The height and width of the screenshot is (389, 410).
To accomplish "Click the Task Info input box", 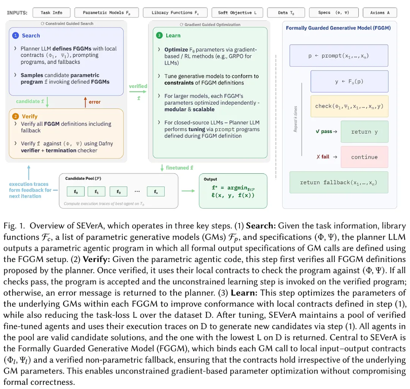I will click(x=52, y=13).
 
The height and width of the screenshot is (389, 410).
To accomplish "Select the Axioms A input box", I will click(x=380, y=13).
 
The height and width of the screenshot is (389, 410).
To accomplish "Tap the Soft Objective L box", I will click(x=237, y=13).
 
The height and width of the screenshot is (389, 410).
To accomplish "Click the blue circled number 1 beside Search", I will click(x=16, y=35).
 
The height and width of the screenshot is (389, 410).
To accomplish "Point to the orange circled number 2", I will click(x=16, y=116).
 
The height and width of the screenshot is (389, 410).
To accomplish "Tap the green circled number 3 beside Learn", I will click(x=159, y=35).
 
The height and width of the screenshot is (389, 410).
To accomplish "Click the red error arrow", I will click(x=85, y=102).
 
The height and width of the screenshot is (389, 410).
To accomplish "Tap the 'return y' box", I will click(x=364, y=132).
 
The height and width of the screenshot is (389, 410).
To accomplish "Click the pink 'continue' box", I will click(x=364, y=157).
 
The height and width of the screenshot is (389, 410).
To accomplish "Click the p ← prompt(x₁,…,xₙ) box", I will click(x=339, y=56).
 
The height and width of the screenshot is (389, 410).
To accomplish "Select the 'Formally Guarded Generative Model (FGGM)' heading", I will click(x=338, y=28).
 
